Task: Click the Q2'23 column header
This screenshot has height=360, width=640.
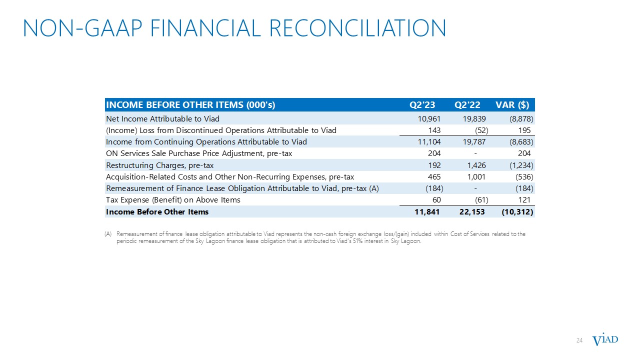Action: coord(422,105)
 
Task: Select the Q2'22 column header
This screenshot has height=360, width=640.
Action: coord(467,105)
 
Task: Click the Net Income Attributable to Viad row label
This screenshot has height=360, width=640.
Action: coord(162,118)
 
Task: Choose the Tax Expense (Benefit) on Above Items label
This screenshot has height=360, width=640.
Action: coord(173,200)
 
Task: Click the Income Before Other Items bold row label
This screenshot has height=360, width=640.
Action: coord(157,212)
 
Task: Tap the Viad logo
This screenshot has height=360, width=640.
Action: coord(605,340)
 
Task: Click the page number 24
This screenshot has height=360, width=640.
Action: coord(580,340)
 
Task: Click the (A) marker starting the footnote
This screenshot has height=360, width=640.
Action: coord(108,234)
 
